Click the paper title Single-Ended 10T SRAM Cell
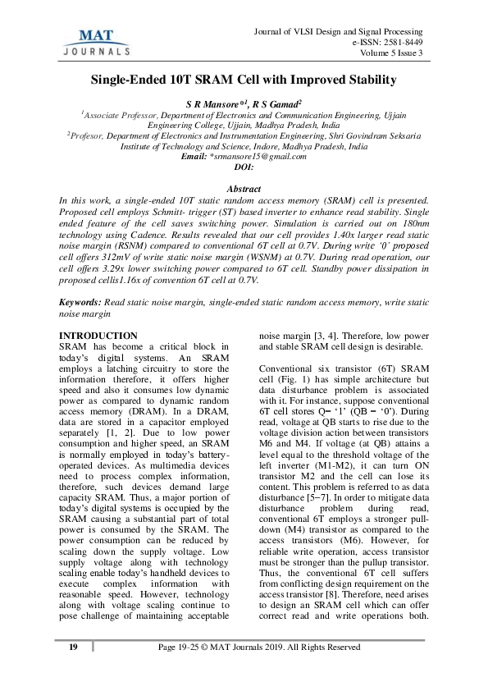coord(244,80)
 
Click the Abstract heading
coord(244,188)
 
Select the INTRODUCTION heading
coord(99,336)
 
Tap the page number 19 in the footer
coord(73,649)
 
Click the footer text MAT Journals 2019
coord(247,649)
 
